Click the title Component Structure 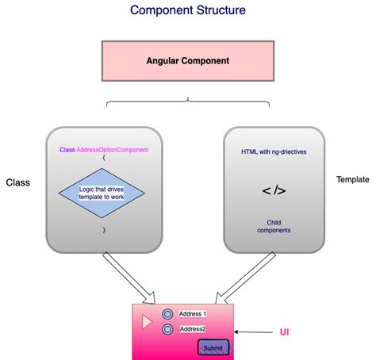[187, 11]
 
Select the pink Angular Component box [187, 60]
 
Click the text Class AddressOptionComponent [103, 150]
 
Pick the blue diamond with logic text [103, 194]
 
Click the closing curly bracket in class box [103, 229]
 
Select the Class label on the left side [17, 182]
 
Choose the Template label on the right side [353, 180]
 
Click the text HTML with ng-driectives [274, 151]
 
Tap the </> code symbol [274, 191]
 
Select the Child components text [274, 226]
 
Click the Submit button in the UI [213, 347]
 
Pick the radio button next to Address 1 [167, 314]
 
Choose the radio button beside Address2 [167, 329]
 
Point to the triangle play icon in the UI [147, 322]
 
